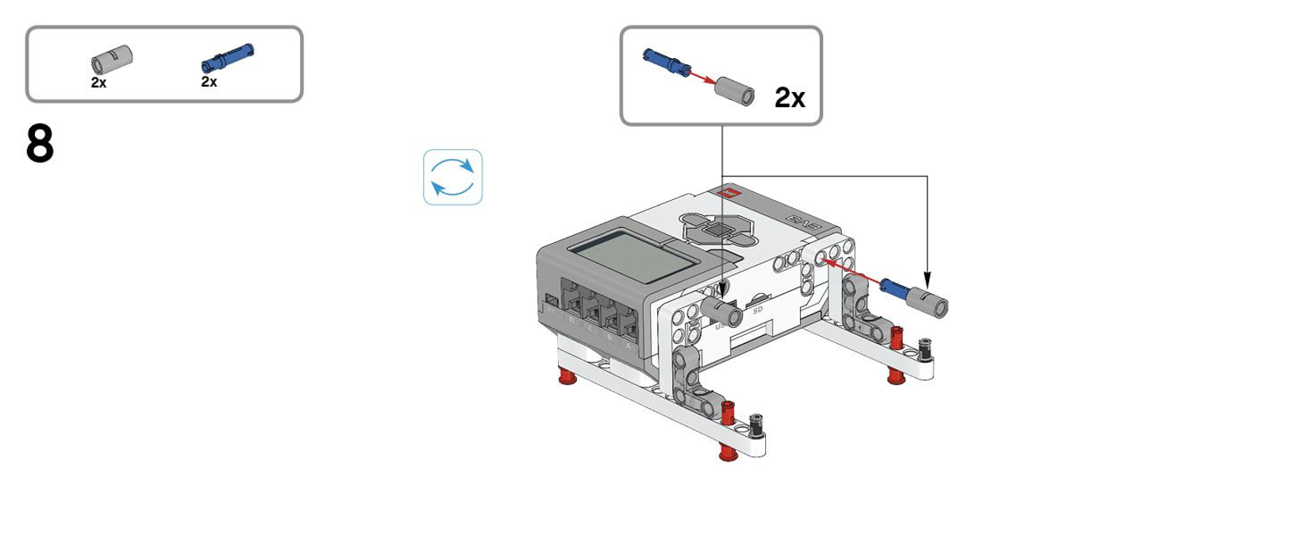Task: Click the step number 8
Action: coord(40,145)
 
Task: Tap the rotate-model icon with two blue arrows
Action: coord(452,177)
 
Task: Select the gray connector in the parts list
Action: coord(112,60)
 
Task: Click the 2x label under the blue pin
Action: coord(209,82)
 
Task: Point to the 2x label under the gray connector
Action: coord(98,83)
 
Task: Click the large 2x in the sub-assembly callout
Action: coord(790,98)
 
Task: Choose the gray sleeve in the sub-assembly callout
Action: coord(734,91)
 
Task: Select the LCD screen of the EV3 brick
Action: coord(630,256)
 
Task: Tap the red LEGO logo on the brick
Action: coord(726,193)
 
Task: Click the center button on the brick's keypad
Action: coord(720,230)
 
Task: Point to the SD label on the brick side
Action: coord(757,310)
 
